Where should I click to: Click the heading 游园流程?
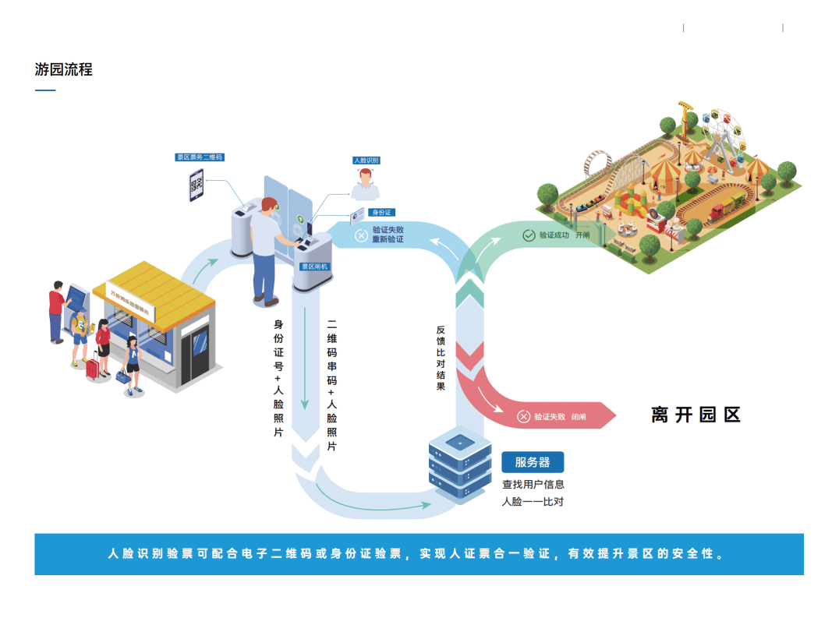[64, 69]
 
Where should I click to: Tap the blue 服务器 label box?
[532, 462]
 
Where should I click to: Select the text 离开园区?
[695, 415]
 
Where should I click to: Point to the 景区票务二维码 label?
[200, 157]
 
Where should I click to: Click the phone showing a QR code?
[197, 186]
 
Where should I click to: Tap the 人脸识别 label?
[366, 160]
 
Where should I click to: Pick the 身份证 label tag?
[381, 212]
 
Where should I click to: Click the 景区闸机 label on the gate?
[315, 267]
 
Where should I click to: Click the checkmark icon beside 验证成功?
[529, 235]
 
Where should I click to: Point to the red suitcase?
[94, 368]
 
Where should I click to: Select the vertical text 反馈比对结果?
[441, 358]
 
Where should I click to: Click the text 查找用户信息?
[533, 485]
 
